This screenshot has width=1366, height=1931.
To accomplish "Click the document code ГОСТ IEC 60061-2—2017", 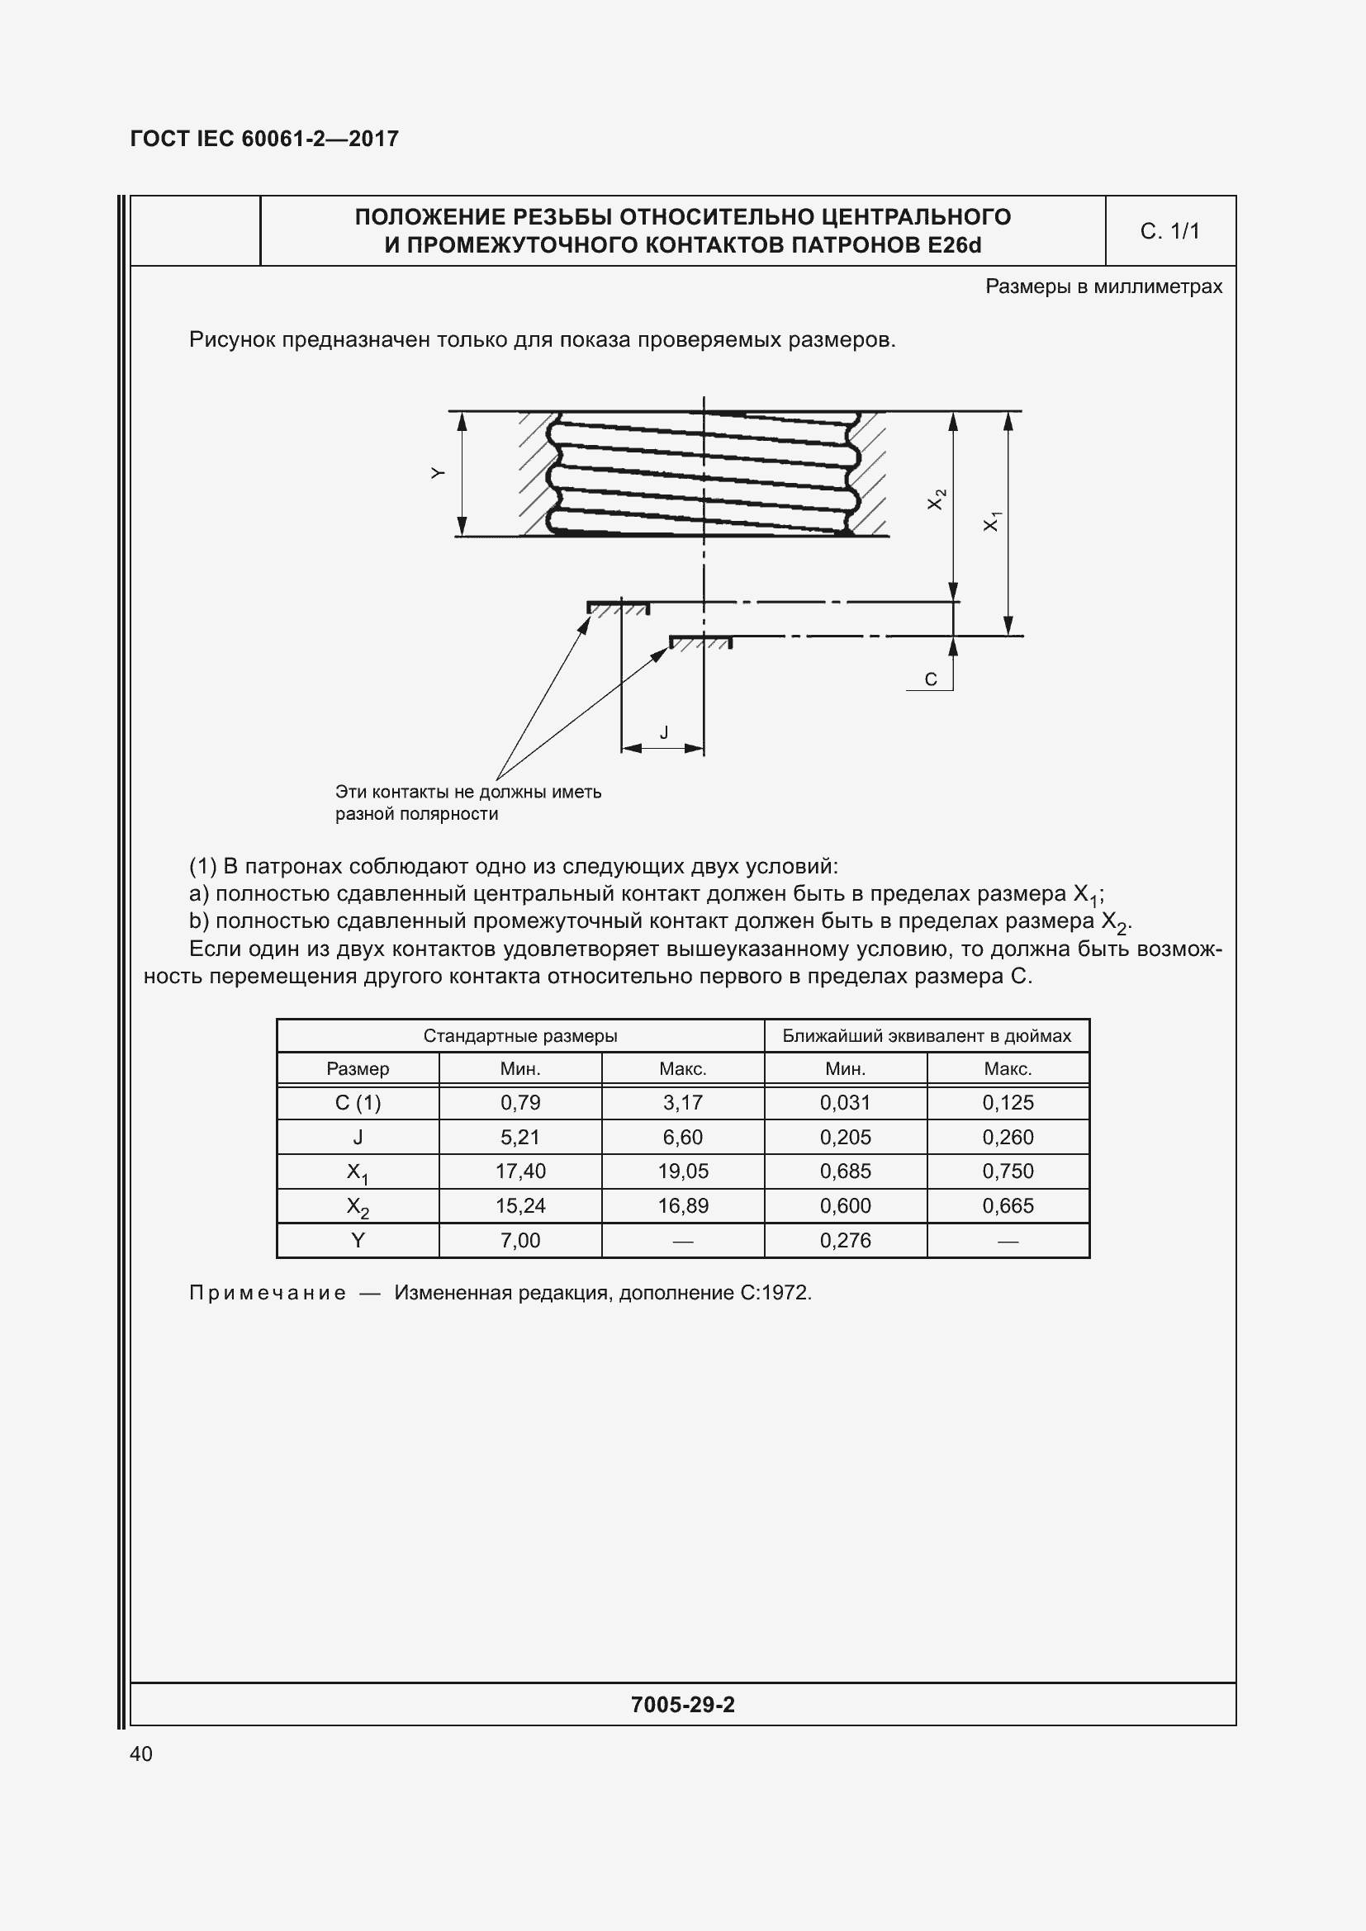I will [264, 139].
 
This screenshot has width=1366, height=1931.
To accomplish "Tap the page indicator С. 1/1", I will [1169, 231].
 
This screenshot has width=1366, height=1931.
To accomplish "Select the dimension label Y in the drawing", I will [437, 474].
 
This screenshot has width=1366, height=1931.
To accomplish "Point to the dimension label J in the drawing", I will [664, 732].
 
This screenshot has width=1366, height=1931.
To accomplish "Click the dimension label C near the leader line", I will [930, 679].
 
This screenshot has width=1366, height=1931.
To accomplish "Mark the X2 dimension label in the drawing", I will [937, 499].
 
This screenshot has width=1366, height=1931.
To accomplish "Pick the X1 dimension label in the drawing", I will [993, 521].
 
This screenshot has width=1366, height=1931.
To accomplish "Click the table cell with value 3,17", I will [682, 1103].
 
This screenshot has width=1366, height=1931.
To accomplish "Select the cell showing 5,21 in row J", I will [519, 1137].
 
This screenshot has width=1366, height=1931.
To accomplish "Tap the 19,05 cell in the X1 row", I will [682, 1171].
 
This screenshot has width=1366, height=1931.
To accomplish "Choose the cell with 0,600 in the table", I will [845, 1205].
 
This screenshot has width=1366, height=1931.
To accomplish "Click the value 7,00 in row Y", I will [519, 1240].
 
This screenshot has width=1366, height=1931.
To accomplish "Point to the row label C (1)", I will [358, 1103].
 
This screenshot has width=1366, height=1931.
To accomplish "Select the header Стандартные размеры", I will [519, 1035].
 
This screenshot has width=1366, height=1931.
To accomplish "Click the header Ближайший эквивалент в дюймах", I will [926, 1035].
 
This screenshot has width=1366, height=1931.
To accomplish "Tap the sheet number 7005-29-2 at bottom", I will [682, 1705].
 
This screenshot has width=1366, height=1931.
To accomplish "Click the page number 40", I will [141, 1754].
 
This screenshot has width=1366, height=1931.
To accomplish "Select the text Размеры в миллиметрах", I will [1103, 286].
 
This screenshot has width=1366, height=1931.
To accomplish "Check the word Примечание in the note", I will [268, 1293].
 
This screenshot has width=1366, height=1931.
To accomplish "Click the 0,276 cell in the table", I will [845, 1240].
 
